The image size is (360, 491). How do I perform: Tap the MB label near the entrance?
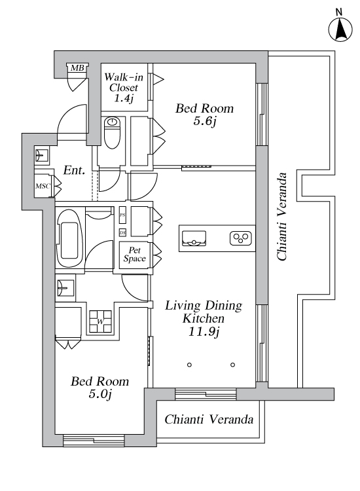(77, 67)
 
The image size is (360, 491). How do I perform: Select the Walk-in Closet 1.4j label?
(124, 87)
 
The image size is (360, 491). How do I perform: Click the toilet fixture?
(112, 133)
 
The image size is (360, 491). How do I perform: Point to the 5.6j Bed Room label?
(204, 115)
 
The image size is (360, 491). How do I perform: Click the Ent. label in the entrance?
(74, 170)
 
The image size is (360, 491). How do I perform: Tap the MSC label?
(43, 187)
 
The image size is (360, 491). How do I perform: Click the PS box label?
(122, 215)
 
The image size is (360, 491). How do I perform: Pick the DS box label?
(122, 232)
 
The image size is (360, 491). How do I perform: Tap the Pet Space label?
(134, 254)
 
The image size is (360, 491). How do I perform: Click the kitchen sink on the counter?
(194, 238)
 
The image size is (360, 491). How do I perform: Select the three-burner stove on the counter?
(241, 238)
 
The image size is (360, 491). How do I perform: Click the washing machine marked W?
(100, 321)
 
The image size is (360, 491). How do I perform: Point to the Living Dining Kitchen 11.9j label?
(204, 318)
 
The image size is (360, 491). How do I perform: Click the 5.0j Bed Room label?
(100, 388)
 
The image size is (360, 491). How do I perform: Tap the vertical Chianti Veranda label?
(281, 217)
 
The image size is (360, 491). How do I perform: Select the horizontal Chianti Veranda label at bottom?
(209, 419)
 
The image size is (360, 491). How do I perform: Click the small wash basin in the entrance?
(42, 155)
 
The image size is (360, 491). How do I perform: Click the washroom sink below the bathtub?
(65, 287)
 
